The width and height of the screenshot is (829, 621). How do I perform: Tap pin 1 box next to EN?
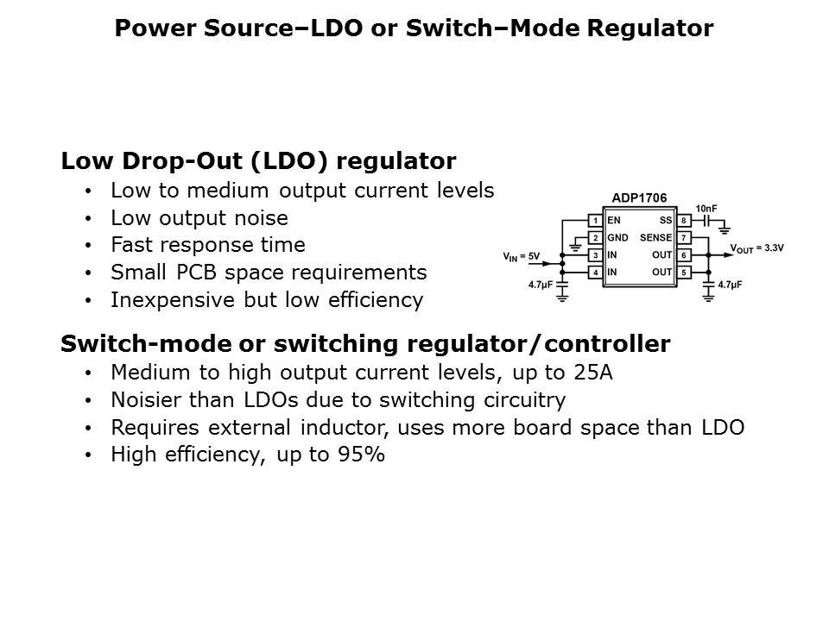(595, 221)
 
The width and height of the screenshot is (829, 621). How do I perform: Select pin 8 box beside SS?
(683, 221)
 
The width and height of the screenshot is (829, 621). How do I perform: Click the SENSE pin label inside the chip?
(655, 238)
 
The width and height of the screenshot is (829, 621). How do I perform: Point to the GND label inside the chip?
(617, 238)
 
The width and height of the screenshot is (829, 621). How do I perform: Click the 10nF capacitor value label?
(706, 210)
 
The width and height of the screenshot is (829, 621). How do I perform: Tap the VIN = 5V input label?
(521, 256)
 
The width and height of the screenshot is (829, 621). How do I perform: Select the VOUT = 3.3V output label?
(756, 248)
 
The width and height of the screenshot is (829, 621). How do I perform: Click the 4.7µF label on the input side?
(541, 283)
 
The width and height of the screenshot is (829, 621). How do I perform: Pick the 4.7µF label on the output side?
(731, 283)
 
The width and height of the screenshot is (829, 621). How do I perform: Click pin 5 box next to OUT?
(683, 273)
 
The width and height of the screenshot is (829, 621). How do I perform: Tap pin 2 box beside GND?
(595, 238)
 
